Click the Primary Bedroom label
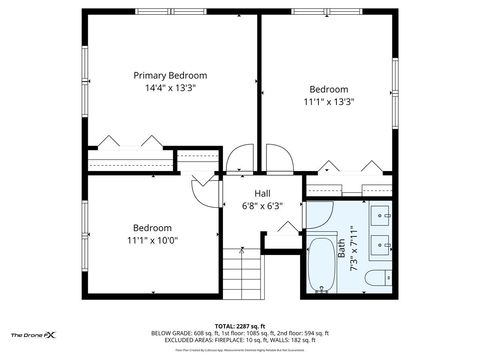coord(170,75)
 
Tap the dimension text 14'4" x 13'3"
coord(170,88)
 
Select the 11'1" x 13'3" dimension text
coord(329,101)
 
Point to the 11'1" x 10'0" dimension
coord(152,240)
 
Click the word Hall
coord(262,193)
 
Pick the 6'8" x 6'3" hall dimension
coord(262,206)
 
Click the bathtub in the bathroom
coord(322,265)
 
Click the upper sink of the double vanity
coord(383,214)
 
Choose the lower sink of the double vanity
coord(383,243)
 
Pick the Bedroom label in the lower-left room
coord(152,227)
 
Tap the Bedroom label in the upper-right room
coord(329,88)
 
